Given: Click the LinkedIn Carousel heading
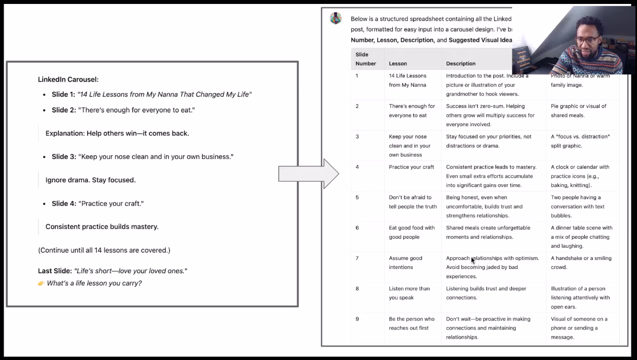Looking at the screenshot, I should [x=68, y=79].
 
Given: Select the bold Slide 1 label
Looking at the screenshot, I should [x=64, y=95].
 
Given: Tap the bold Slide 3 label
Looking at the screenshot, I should [x=64, y=157].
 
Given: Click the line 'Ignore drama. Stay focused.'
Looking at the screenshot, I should [x=91, y=180].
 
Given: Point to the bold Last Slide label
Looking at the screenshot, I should [x=55, y=271].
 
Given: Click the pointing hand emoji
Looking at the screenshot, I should [x=41, y=283].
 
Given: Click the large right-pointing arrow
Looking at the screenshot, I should [x=308, y=173].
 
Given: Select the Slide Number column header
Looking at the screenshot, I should [x=366, y=59].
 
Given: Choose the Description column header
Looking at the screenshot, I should [x=461, y=64].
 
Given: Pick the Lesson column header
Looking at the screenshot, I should [x=398, y=64].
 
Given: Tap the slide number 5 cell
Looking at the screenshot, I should [x=357, y=197].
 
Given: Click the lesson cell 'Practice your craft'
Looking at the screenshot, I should [x=411, y=167].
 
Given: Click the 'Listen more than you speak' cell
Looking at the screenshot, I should [x=409, y=293].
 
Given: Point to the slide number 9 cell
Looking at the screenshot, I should [x=357, y=319].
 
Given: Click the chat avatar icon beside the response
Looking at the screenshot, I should [x=336, y=19].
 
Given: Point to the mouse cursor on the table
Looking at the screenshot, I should [x=473, y=261].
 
